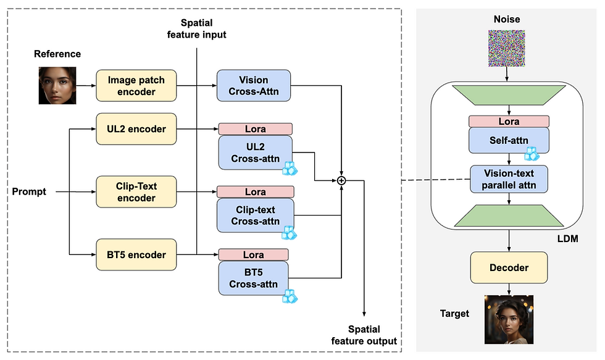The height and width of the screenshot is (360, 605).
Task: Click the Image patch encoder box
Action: click(136, 86)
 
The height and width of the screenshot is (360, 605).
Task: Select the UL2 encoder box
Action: click(136, 129)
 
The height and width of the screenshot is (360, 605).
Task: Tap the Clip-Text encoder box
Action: click(136, 192)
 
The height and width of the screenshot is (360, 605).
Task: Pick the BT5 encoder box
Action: click(136, 254)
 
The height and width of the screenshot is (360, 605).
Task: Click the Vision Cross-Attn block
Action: click(254, 86)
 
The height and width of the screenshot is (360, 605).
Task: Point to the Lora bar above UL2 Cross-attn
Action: click(256, 129)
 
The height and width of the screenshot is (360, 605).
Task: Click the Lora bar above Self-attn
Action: click(509, 122)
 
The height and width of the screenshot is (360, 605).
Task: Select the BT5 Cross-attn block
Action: click(254, 278)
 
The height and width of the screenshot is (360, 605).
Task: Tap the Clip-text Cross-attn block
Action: click(256, 216)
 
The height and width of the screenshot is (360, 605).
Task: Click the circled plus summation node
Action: click(341, 180)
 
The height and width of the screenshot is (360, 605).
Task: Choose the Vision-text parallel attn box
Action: click(509, 179)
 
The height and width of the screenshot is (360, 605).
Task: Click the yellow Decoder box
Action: click(509, 267)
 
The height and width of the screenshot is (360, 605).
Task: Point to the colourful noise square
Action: click(507, 49)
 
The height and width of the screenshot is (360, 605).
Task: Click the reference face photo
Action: click(57, 86)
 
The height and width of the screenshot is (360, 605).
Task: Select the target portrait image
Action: click(509, 319)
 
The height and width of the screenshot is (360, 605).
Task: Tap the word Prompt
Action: click(29, 191)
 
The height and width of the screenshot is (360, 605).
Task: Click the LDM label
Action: click(567, 238)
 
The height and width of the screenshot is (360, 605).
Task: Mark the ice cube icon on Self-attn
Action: click(532, 154)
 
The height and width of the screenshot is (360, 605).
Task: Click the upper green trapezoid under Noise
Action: click(509, 95)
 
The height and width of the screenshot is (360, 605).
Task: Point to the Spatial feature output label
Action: click(364, 335)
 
